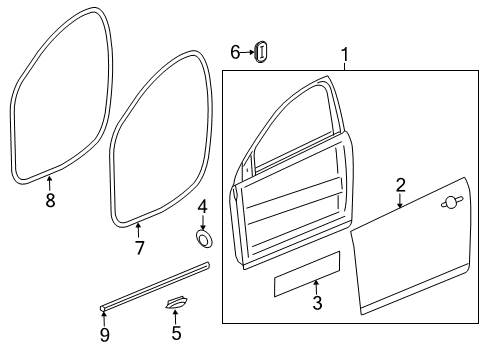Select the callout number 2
click(x=400, y=184)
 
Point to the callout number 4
click(x=201, y=207)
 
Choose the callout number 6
click(x=235, y=52)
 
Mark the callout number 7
click(x=139, y=246)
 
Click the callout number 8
click(x=50, y=200)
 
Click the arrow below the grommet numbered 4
click(x=202, y=224)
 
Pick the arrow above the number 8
click(x=50, y=183)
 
